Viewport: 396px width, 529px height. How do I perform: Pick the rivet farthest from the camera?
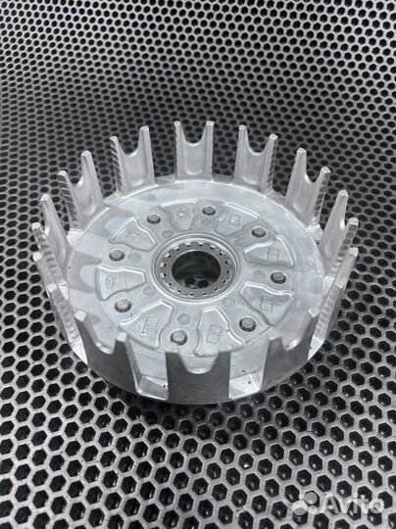[x=210, y=211]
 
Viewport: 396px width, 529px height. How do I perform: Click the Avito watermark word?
[x=355, y=505]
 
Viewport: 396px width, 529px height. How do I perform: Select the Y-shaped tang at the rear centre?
[x=193, y=149]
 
